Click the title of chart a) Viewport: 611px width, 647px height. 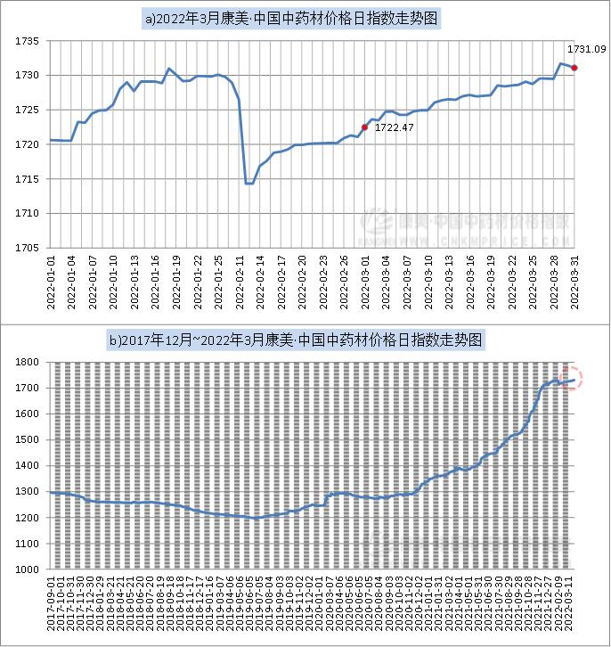click(x=305, y=17)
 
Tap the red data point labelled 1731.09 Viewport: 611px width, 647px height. click(x=574, y=68)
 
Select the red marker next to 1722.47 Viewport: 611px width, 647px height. click(x=364, y=127)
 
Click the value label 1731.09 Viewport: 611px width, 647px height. click(x=586, y=47)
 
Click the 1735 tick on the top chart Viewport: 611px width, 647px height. click(x=29, y=41)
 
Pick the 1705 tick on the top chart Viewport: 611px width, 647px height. click(x=29, y=248)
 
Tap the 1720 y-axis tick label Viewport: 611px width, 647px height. click(x=29, y=144)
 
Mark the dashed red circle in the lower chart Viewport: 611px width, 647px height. click(x=570, y=378)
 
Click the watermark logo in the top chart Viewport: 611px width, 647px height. click(x=381, y=222)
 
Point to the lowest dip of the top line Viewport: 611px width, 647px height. click(x=248, y=184)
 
